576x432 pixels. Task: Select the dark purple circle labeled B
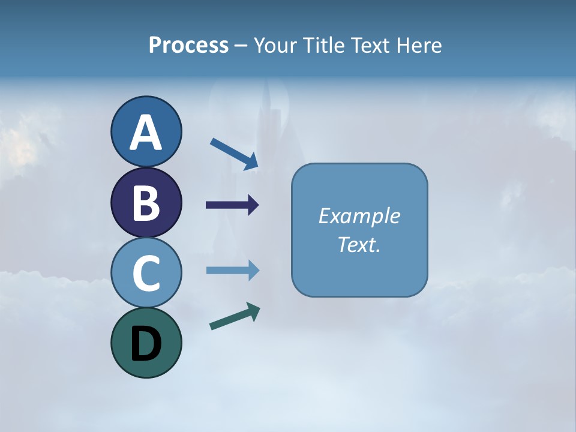146,203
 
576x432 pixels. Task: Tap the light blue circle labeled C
146,273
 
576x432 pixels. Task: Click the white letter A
146,133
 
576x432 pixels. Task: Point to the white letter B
146,203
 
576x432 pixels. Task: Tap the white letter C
146,273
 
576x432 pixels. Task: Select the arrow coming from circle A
234,154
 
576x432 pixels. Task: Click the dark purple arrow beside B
232,205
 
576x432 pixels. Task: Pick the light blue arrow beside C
232,271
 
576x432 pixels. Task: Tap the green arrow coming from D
235,317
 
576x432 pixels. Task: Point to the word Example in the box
359,216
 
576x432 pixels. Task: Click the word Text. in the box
359,244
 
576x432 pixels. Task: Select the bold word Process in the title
188,45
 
